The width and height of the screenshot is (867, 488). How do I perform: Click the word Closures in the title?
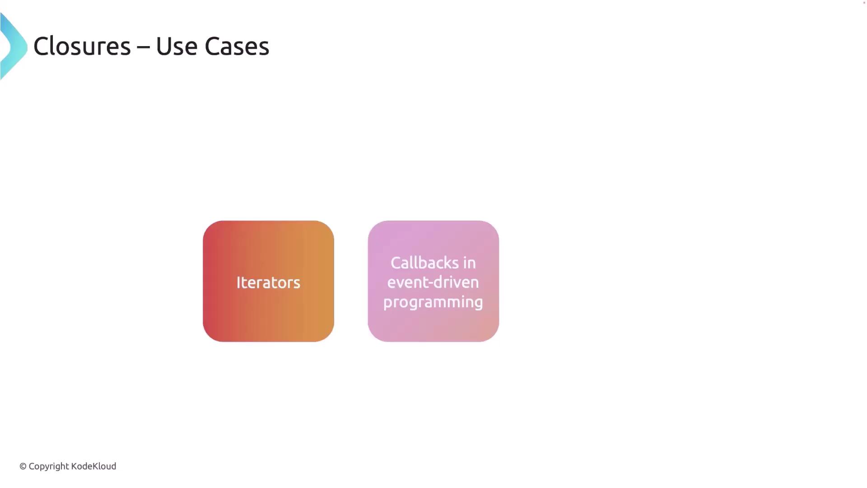point(82,46)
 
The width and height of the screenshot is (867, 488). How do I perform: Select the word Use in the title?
point(177,46)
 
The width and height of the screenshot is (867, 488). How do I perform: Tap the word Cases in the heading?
point(237,46)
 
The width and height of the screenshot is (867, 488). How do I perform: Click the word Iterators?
point(268,282)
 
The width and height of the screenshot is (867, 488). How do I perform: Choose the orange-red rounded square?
point(268,281)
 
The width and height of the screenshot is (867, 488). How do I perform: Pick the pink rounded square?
point(433,281)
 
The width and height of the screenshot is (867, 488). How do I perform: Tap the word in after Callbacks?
point(470,263)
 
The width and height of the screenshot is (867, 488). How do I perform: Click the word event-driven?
point(433,282)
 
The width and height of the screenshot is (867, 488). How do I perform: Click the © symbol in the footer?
point(23,466)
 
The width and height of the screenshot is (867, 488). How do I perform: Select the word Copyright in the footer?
point(49,467)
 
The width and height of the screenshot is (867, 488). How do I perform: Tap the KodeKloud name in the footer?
point(93,466)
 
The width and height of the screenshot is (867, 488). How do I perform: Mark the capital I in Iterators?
point(238,282)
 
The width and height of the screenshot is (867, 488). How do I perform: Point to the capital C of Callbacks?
point(396,263)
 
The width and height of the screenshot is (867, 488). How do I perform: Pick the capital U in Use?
point(162,46)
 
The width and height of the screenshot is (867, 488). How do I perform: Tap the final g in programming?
point(478,304)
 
